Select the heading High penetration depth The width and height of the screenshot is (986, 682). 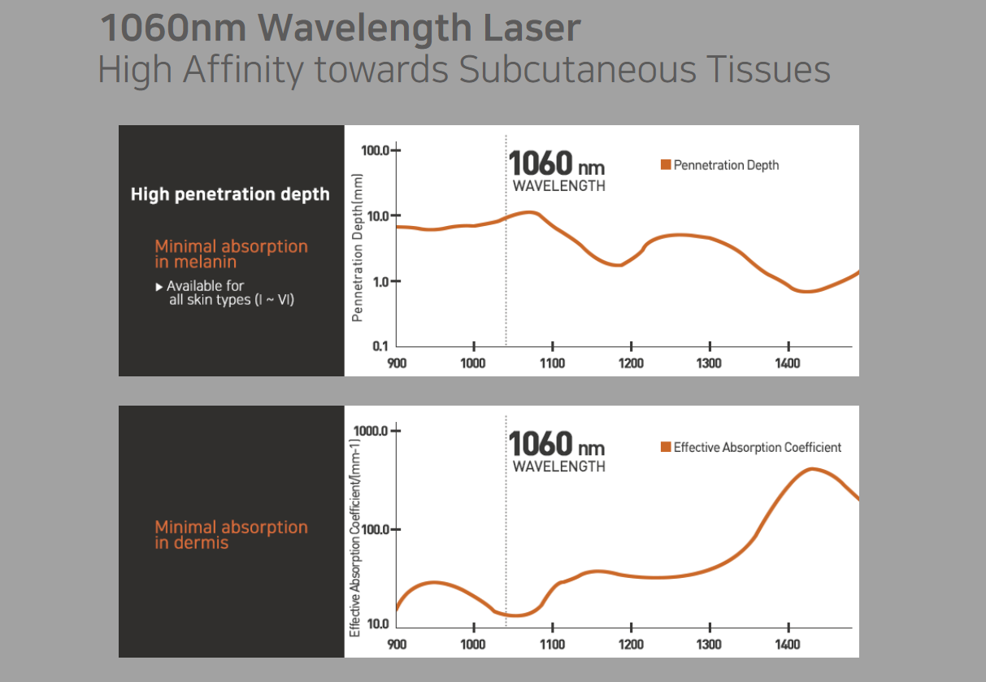click(230, 194)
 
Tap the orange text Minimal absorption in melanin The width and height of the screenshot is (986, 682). click(231, 254)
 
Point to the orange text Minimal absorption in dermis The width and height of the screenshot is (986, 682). click(231, 535)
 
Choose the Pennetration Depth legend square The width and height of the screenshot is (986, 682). click(666, 165)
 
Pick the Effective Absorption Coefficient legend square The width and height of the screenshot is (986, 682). click(666, 447)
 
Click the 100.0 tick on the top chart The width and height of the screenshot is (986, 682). click(376, 150)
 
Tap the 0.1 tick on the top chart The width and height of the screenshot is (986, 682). click(380, 346)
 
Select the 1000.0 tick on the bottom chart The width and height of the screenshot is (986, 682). click(371, 430)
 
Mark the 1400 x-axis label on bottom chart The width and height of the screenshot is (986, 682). click(788, 645)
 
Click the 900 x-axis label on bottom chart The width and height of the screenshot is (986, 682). click(397, 645)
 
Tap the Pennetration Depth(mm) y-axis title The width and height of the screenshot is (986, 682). click(357, 248)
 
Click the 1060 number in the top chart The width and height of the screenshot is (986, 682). click(541, 163)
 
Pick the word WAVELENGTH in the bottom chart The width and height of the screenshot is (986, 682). click(558, 467)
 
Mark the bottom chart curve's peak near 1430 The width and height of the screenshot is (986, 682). click(812, 469)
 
